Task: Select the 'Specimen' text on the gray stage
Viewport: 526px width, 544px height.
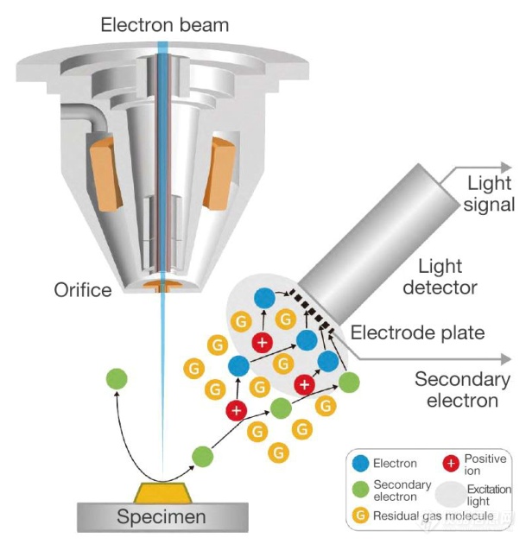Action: tap(162, 517)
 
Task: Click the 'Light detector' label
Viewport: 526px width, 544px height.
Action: tap(451, 276)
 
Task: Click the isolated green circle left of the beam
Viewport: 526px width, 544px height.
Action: tap(117, 378)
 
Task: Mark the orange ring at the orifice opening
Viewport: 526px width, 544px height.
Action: tap(161, 284)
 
